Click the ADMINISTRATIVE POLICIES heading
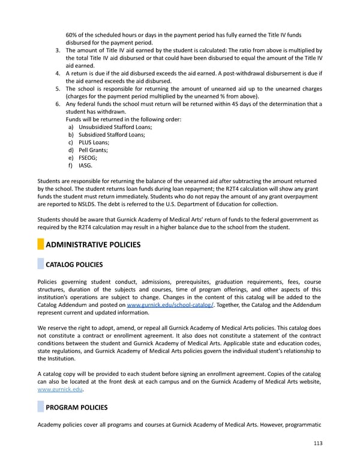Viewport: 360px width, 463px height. point(93,244)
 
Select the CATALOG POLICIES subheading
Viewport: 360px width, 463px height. point(74,265)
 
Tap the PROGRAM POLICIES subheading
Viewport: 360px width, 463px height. point(77,408)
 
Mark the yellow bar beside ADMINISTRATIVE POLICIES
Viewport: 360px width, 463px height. point(40,244)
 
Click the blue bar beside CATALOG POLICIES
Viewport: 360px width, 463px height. point(40,265)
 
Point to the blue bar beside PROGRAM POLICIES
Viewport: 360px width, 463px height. point(40,408)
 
